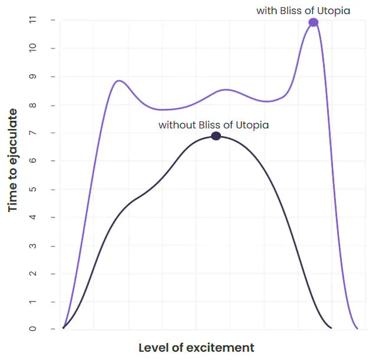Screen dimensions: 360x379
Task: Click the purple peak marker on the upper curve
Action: [314, 22]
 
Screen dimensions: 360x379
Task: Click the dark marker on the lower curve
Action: [216, 136]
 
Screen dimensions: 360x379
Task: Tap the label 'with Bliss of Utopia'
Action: [303, 11]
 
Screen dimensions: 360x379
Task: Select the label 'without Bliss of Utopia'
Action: [213, 125]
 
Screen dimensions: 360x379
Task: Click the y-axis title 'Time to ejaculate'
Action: [13, 160]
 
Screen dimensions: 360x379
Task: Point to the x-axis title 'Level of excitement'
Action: [196, 348]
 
